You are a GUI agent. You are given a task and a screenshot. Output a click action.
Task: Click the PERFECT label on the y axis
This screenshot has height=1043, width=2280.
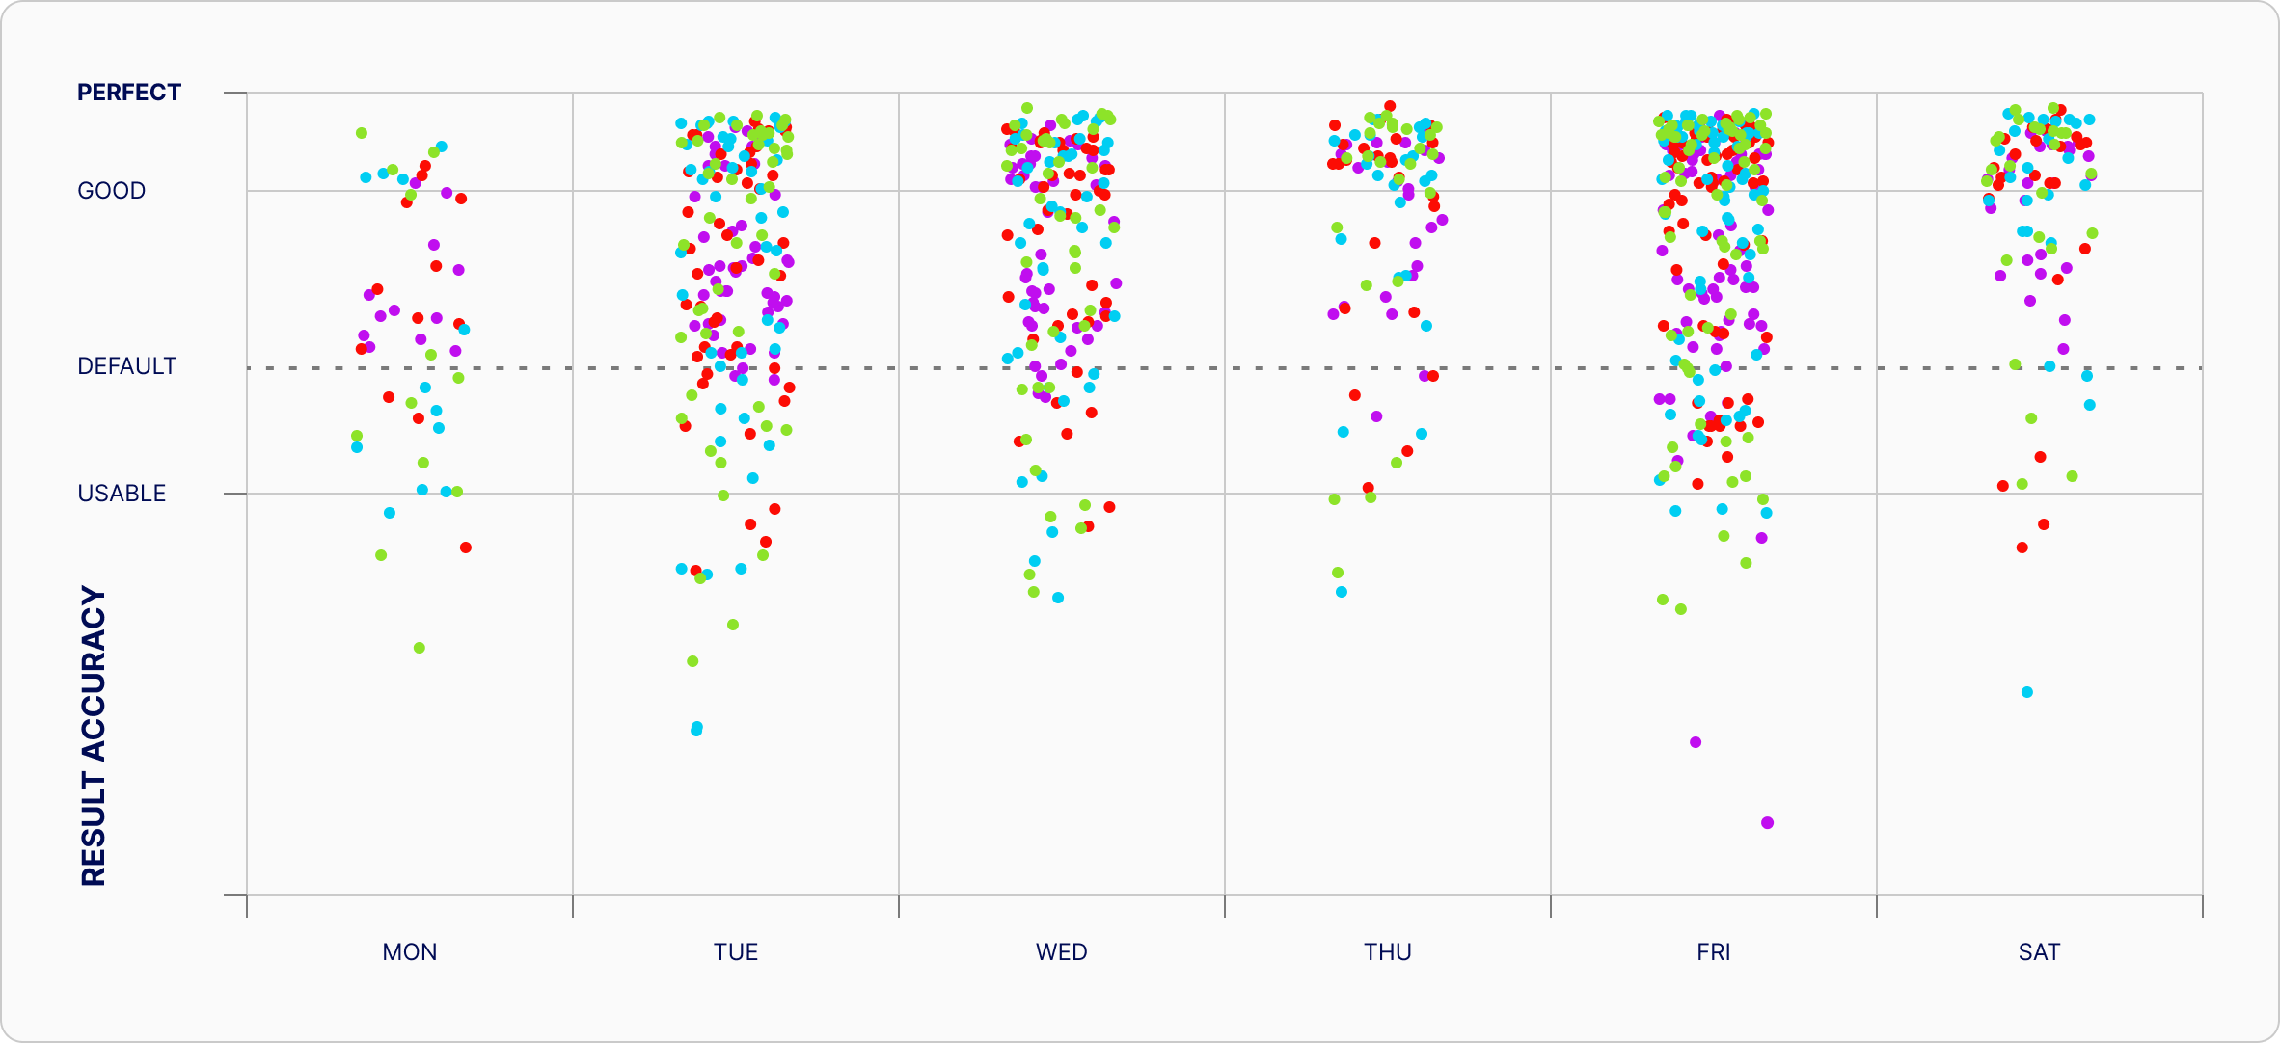[128, 93]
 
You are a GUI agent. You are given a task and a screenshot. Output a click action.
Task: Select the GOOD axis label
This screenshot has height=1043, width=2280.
[111, 191]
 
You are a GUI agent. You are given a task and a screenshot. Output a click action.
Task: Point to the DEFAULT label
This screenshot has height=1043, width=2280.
[126, 366]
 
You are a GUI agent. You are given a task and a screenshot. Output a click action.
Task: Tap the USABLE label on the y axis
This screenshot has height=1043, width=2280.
[122, 494]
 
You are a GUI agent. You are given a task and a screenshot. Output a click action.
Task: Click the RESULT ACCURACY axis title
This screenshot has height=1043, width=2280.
[94, 735]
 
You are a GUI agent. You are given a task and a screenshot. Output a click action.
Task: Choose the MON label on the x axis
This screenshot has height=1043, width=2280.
[410, 952]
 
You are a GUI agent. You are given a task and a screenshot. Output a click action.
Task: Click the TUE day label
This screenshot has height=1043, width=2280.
[736, 952]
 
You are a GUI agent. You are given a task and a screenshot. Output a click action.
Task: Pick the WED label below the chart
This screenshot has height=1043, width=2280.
[1061, 952]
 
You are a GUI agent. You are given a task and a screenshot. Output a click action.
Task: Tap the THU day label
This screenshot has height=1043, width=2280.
[1387, 952]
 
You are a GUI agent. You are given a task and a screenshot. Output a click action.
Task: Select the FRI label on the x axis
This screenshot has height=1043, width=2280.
[1713, 952]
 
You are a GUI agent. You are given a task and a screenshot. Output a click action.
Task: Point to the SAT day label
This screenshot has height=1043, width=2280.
[2039, 952]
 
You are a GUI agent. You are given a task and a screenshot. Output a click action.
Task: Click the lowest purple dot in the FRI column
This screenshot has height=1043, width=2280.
[1767, 823]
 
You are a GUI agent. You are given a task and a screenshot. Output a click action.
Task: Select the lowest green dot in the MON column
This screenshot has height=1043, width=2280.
[420, 648]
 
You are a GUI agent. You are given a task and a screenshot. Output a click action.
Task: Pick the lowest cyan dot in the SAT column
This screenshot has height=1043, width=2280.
[2027, 692]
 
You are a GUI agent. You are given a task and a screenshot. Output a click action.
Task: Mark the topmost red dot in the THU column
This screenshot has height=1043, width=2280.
[1390, 106]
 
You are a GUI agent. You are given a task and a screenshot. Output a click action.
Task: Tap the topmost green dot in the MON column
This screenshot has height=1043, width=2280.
[362, 133]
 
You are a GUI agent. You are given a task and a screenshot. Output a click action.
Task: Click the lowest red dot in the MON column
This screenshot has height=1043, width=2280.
[466, 548]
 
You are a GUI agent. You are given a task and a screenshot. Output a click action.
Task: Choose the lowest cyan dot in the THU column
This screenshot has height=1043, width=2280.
[1342, 592]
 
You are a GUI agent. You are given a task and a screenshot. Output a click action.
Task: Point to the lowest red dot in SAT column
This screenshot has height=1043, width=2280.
[2022, 548]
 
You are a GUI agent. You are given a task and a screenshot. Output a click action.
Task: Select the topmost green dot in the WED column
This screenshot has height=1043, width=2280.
[1028, 108]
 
